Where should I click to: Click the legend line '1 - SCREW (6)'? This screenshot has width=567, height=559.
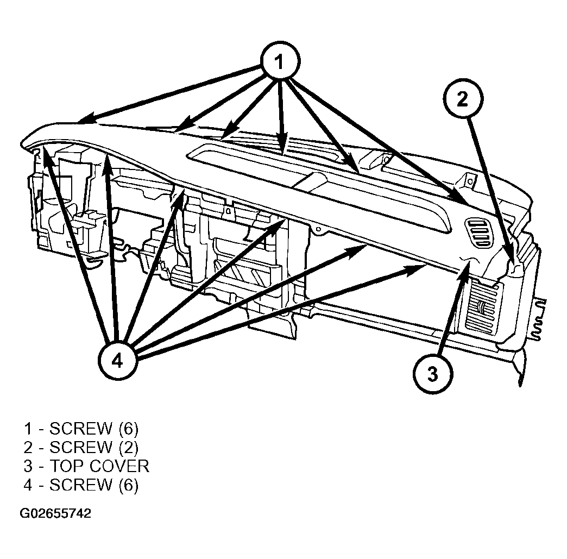click(x=81, y=429)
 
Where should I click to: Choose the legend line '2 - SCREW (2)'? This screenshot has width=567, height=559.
click(x=81, y=448)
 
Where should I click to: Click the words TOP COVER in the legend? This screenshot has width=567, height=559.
click(x=99, y=466)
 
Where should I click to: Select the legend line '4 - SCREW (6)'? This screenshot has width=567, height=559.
click(x=81, y=485)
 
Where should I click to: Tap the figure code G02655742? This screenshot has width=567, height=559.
click(x=55, y=513)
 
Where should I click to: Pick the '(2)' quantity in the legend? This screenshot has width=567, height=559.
click(x=129, y=448)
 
